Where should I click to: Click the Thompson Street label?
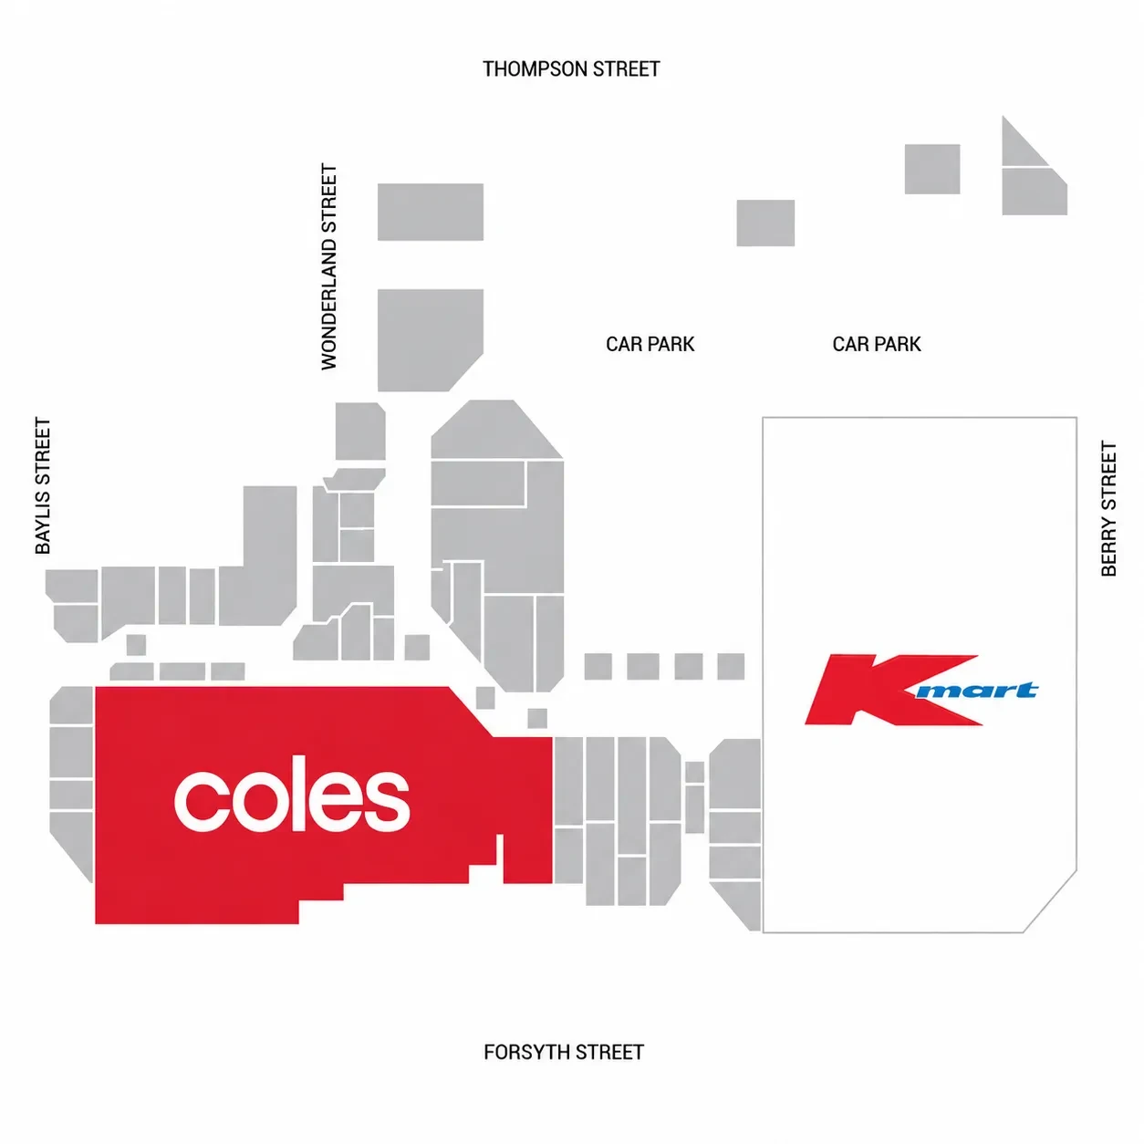pos(570,68)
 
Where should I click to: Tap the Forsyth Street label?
pos(564,1052)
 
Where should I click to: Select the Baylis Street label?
pos(43,485)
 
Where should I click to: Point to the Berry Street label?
pos(1108,508)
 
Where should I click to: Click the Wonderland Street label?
pos(329,267)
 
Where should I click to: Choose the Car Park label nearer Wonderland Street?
pos(650,344)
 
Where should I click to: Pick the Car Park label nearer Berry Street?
pos(877,344)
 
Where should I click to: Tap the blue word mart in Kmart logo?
pos(976,691)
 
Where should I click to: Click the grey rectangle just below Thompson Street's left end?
pos(431,212)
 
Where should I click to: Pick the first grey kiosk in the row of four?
pos(598,666)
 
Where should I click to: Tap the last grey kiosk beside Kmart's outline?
pos(731,666)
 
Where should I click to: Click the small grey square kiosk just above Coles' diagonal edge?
pos(485,698)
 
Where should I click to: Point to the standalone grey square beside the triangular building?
pos(932,169)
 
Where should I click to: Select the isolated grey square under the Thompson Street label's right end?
pos(765,223)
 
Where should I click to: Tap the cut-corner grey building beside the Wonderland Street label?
pos(431,340)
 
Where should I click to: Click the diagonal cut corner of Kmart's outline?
pos(1050,901)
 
